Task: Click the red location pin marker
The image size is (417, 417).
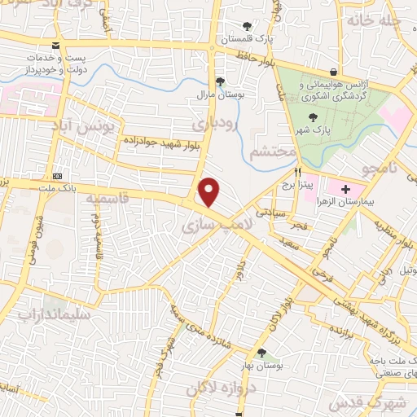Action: coord(209,192)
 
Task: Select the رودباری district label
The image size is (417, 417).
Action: coord(215,125)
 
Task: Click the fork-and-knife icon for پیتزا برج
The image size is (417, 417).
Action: coord(298,172)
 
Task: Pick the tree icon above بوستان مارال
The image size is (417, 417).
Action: coord(220,81)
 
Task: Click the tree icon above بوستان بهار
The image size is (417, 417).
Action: coord(261,353)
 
